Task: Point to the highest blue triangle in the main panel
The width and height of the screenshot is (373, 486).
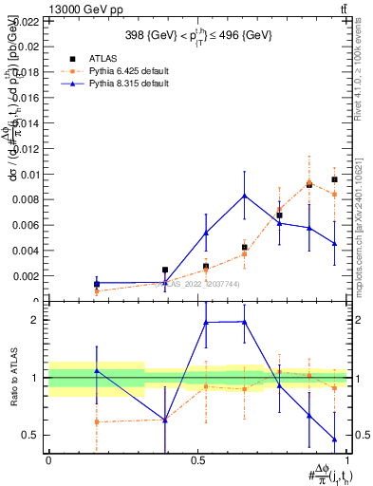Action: point(245,196)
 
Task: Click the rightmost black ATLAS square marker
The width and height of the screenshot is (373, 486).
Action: point(335,179)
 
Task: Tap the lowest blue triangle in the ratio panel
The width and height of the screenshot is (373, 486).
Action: point(335,439)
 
